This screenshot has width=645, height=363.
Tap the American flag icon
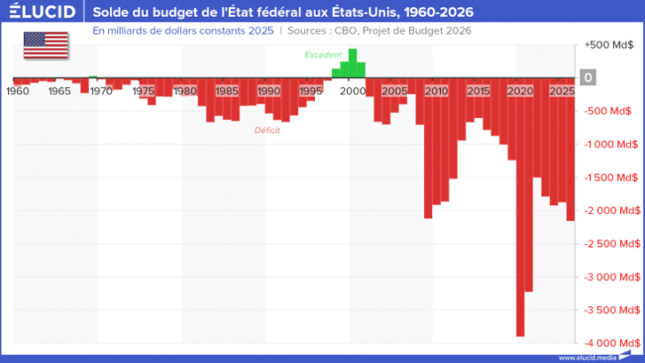tap(44, 44)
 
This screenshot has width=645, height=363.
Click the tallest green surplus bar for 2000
tap(353, 63)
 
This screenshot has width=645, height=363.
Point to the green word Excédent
tap(323, 55)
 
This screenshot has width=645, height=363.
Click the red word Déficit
tap(267, 130)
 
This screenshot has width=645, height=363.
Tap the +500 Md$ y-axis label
tap(609, 44)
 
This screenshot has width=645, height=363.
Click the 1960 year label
tap(18, 91)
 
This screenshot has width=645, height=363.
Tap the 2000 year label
tap(353, 91)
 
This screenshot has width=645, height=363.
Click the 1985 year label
tap(227, 91)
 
